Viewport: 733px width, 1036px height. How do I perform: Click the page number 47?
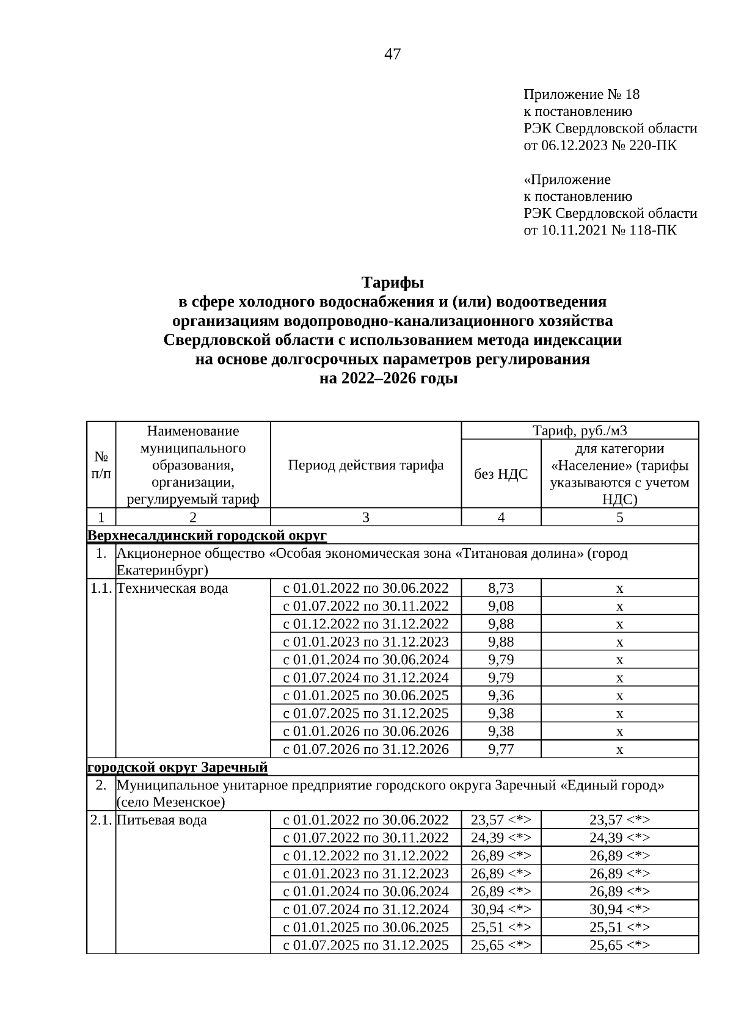[392, 54]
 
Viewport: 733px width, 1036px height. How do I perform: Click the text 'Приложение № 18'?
[581, 95]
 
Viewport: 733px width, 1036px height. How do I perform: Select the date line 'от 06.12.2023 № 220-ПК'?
[600, 145]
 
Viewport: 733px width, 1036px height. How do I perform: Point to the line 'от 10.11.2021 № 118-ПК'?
[600, 230]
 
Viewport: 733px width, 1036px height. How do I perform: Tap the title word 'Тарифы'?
[392, 283]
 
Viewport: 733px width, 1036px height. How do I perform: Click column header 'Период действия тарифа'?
[365, 465]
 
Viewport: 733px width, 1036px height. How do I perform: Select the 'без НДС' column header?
[501, 474]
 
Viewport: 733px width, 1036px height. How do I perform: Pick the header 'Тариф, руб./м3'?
[579, 431]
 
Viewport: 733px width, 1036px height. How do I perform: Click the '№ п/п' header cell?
[101, 465]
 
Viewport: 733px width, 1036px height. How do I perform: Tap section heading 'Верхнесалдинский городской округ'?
[208, 535]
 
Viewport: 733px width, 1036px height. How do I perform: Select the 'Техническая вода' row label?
[172, 589]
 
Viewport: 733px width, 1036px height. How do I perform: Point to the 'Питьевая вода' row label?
[162, 820]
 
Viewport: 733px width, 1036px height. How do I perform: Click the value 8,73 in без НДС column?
[501, 589]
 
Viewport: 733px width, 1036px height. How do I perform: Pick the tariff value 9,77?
[501, 749]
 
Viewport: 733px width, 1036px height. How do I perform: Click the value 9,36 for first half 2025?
[501, 695]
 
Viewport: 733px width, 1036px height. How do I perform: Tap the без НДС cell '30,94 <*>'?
[501, 909]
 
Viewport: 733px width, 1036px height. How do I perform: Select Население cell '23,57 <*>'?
[619, 820]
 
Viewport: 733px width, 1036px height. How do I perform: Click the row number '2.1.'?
[101, 820]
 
